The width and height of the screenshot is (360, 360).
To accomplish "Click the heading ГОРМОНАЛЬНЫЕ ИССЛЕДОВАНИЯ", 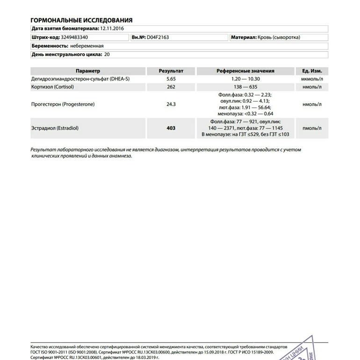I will [x=81, y=20].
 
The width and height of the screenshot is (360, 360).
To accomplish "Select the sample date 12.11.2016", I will [x=113, y=29].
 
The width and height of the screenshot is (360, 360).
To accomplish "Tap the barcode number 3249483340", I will [x=75, y=37].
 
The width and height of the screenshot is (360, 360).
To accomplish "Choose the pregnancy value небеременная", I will [x=87, y=46].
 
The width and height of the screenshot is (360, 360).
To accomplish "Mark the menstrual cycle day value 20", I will [x=108, y=55].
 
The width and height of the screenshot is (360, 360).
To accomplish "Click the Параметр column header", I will [x=87, y=71].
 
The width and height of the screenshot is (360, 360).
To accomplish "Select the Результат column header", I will [x=171, y=71].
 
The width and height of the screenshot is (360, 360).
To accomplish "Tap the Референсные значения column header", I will [x=245, y=71].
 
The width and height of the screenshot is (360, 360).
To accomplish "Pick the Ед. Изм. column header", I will [x=312, y=71].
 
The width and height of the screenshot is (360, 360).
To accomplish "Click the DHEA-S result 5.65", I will [x=171, y=79].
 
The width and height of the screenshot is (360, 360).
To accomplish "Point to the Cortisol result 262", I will [x=171, y=87].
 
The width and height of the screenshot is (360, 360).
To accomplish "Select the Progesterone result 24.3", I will [x=171, y=104].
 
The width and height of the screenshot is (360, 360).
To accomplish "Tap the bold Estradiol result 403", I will [x=171, y=128].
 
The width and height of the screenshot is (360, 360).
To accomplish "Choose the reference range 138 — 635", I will [x=245, y=87].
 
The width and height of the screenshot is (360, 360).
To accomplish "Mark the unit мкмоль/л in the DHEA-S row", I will [x=312, y=79].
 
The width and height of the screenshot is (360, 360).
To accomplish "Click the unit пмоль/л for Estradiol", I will [x=312, y=128].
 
